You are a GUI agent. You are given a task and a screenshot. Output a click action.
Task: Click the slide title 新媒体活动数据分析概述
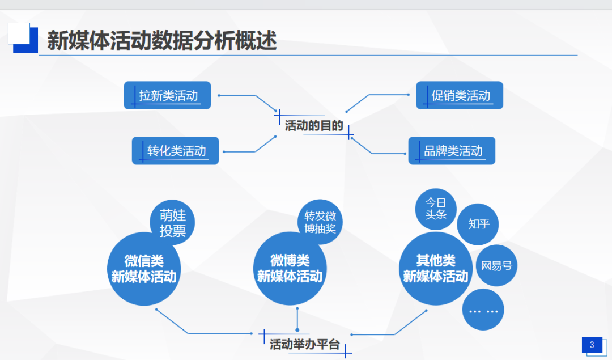tap(161, 41)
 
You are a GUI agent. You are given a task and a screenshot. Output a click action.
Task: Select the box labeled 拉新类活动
tap(168, 95)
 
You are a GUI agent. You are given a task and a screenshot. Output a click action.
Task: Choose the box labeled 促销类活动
tap(460, 95)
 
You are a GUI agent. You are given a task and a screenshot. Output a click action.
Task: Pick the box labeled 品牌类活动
tap(452, 151)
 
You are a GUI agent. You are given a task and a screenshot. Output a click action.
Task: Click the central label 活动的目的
tap(314, 125)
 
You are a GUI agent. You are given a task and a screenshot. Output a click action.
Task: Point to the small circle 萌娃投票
tap(172, 223)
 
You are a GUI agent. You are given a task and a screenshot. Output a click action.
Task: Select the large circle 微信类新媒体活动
tap(143, 269)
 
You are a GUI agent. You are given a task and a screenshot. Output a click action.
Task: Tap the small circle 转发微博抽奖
tap(320, 222)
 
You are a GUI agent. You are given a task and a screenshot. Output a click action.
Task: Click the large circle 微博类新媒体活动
tap(290, 269)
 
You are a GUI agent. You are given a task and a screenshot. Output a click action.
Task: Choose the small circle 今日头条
tap(436, 209)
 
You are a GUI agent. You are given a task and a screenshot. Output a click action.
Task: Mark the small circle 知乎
tap(478, 223)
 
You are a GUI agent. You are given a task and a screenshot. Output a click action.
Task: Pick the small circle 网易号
tap(496, 265)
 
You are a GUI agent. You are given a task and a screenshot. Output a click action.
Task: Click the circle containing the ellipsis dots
tap(483, 310)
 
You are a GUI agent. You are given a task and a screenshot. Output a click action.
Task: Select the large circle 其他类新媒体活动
tap(435, 269)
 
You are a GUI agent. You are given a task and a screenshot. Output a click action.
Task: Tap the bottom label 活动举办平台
tap(304, 344)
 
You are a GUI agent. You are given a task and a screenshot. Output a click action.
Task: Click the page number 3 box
tap(592, 345)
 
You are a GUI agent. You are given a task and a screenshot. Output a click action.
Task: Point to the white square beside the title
tap(18, 33)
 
